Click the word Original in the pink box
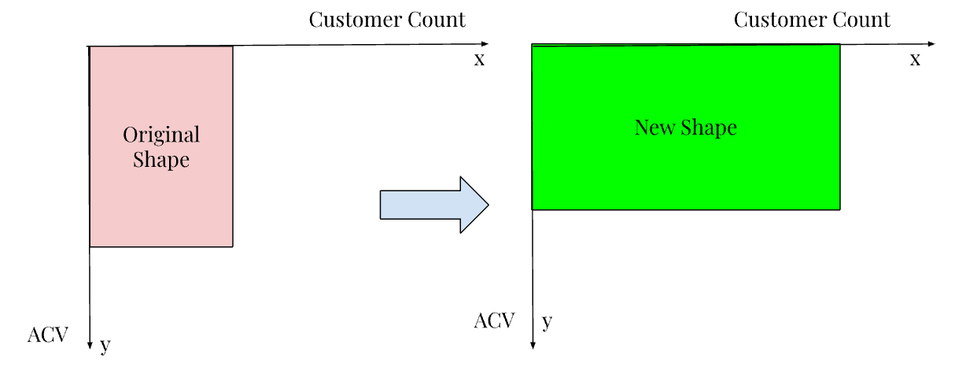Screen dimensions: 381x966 [x=161, y=135]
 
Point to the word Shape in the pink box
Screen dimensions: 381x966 [x=161, y=160]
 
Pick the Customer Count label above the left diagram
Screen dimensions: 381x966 [x=387, y=20]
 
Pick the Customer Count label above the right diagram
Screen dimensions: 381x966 [x=812, y=20]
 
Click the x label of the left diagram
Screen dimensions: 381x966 [x=479, y=59]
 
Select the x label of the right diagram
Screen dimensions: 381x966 [x=915, y=59]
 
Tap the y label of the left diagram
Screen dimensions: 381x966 [x=105, y=345]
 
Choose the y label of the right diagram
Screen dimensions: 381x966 [x=548, y=321]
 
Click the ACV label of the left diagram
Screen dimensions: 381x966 [x=48, y=335]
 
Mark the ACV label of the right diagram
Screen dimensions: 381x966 [x=494, y=320]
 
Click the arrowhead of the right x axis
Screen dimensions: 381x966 [x=931, y=44]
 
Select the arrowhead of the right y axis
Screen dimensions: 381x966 [x=533, y=344]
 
